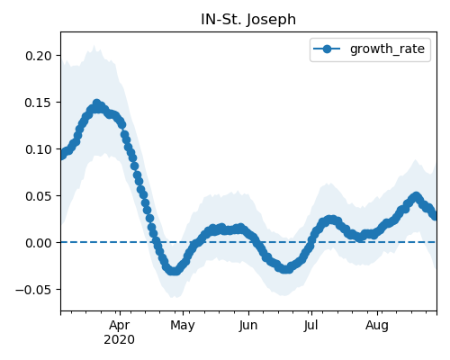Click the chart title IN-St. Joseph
tap(248, 20)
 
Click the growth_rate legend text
tap(387, 49)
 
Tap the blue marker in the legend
tap(327, 49)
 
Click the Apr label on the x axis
tap(120, 325)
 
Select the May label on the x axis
tap(183, 325)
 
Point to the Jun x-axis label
tap(248, 325)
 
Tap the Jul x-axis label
tap(310, 325)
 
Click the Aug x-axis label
tap(377, 325)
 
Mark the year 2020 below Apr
tap(120, 340)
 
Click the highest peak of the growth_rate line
tap(96, 104)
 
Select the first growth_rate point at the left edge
tap(62, 155)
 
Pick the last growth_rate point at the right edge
tap(435, 216)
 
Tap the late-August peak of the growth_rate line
tap(416, 196)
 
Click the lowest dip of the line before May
tap(174, 271)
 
